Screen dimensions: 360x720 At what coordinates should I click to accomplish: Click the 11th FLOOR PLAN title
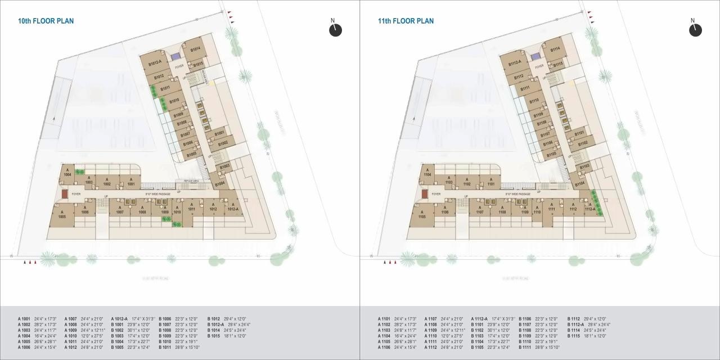click(406, 21)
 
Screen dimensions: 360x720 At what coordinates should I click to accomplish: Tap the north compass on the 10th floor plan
click(335, 29)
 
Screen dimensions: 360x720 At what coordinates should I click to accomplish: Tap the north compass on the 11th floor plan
click(695, 29)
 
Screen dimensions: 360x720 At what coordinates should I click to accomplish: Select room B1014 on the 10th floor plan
click(195, 49)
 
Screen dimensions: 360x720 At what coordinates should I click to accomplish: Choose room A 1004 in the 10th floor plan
click(67, 173)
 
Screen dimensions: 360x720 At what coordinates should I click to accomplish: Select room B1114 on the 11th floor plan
click(555, 49)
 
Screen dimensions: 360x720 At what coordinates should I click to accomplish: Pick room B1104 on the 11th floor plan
click(579, 183)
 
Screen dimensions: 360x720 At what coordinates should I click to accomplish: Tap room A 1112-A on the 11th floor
click(589, 207)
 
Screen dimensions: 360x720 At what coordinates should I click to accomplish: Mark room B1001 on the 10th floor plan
click(219, 133)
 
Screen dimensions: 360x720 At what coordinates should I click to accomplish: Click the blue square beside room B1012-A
click(176, 56)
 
